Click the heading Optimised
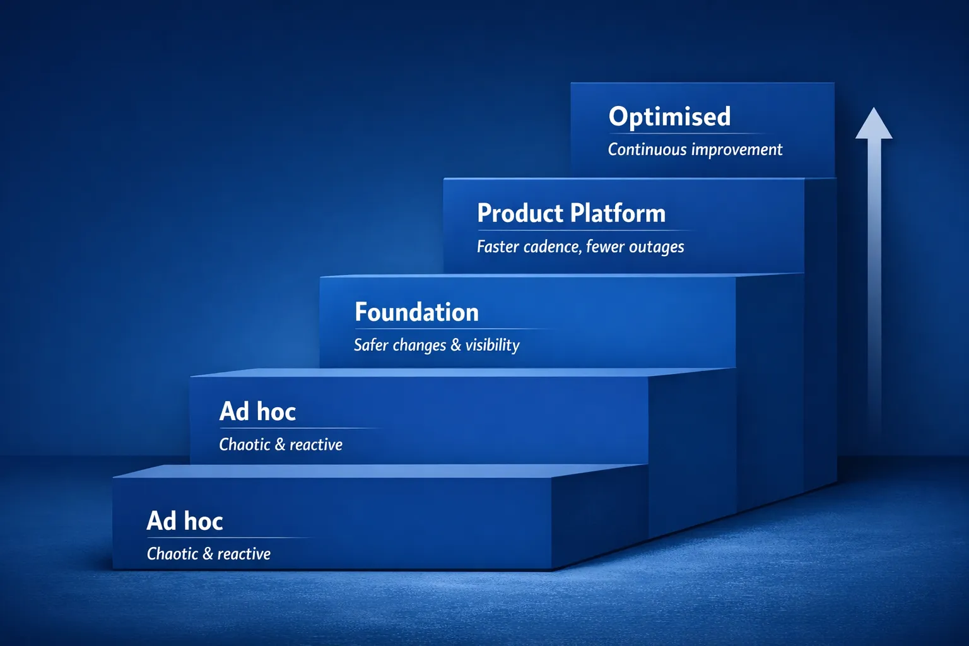[x=669, y=117]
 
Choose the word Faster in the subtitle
[x=498, y=247]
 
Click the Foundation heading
[x=416, y=312]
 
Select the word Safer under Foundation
[x=371, y=345]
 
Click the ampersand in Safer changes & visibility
[x=456, y=345]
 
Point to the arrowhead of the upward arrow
[x=874, y=125]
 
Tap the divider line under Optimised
[x=688, y=133]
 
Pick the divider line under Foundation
[x=451, y=329]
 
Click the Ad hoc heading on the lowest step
[x=185, y=521]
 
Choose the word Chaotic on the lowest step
[x=172, y=554]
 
